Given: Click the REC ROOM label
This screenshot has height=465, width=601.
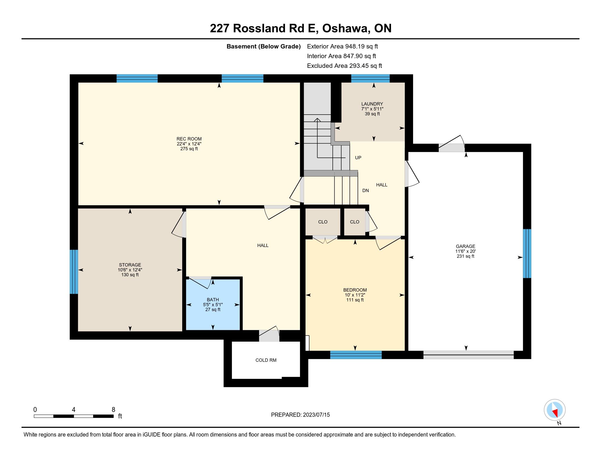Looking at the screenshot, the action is point(189,139).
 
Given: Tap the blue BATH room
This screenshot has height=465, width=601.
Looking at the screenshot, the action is point(213,304).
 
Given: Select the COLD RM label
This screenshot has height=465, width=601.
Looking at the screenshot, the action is point(266,360).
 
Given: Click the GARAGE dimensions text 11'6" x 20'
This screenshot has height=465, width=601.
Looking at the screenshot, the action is point(465,251).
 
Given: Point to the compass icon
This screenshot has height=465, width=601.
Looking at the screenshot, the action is point(555,410).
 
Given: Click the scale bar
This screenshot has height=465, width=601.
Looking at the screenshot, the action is point(74,416).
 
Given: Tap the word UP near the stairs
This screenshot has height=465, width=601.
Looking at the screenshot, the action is point(358,158).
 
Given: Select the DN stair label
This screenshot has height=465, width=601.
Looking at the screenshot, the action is point(366,190).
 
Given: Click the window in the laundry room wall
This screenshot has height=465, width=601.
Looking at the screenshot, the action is point(370,79).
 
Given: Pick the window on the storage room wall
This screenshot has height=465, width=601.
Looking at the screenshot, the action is point(74,272).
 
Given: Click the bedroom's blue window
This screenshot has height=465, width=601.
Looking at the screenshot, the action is point(356,355).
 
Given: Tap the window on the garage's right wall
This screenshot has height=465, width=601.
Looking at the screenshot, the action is point(527,254).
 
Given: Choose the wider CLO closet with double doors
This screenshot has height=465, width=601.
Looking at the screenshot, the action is point(323,222).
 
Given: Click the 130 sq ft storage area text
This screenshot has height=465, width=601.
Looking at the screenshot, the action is point(130,275).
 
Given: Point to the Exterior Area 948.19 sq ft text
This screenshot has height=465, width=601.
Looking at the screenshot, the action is point(343,46).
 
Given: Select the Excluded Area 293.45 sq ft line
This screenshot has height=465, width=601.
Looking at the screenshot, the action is point(344,66).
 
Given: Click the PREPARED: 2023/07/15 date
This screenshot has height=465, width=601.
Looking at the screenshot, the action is point(300,415).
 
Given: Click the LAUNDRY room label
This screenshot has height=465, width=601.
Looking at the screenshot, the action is point(372,104).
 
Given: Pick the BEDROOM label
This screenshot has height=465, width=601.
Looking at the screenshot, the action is point(355,290).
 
